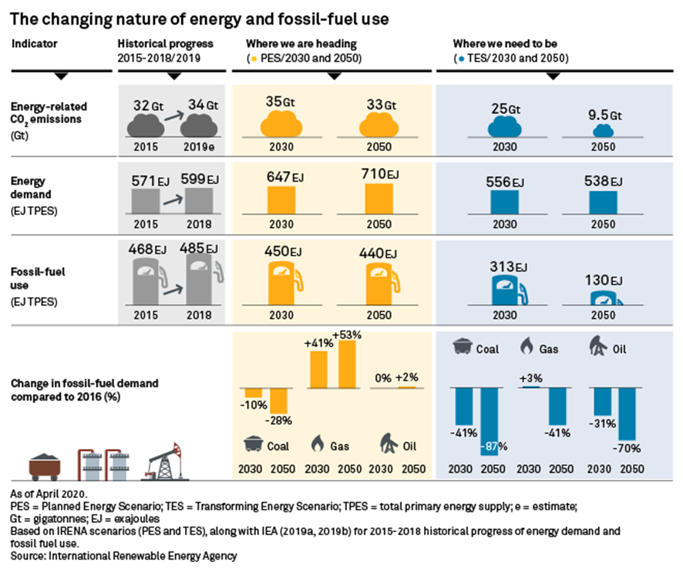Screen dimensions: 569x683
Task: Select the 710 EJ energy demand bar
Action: pos(379,198)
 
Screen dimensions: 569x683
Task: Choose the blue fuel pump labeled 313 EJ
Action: pos(505,292)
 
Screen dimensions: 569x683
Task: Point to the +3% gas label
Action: pos(529,378)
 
